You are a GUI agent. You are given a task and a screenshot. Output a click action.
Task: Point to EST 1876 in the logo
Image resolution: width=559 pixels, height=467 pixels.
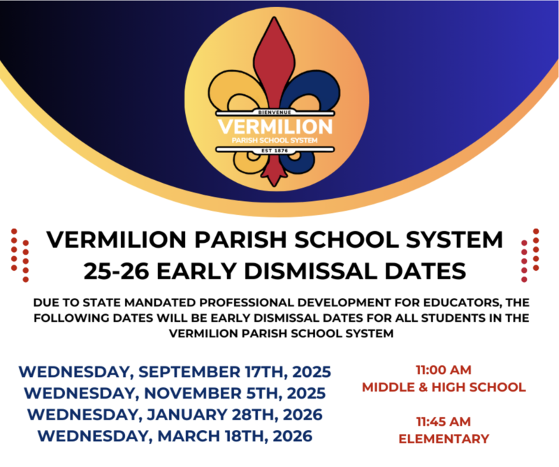275,149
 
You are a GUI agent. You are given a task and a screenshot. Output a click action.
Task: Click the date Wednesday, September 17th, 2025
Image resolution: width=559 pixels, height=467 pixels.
175,371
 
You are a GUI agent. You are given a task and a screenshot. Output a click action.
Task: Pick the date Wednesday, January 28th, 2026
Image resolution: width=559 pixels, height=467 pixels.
175,414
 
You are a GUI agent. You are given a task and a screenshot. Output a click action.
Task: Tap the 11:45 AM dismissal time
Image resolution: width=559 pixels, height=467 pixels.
443,422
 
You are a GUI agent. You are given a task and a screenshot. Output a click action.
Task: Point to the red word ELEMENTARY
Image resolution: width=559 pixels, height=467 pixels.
444,439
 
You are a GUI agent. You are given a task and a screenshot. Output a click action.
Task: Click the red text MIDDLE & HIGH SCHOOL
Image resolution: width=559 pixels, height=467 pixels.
444,387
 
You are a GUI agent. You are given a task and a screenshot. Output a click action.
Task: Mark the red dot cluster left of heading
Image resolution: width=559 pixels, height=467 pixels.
20,255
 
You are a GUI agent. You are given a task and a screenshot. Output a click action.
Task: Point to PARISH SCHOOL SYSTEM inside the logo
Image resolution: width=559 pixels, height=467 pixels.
275,140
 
